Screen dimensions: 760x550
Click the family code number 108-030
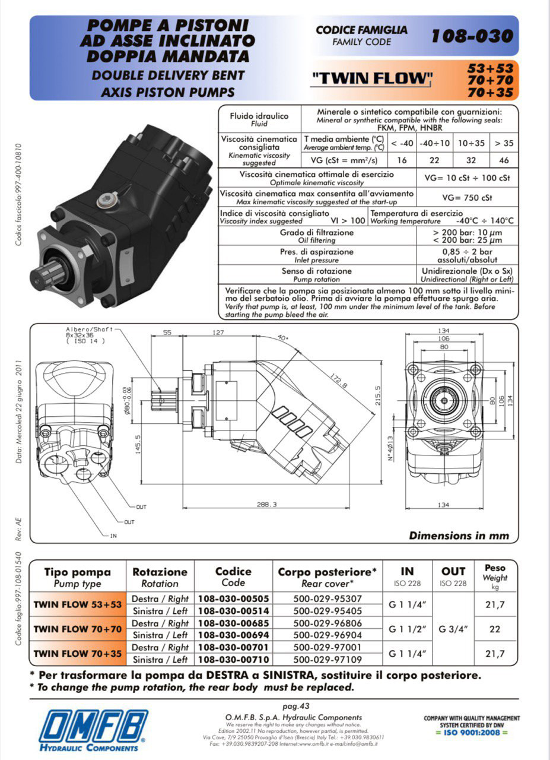point(472,36)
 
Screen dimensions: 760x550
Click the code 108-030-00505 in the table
point(233,598)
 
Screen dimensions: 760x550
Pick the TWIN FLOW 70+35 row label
point(77,653)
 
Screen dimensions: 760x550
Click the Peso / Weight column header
point(495,576)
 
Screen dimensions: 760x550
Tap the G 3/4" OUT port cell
point(453,629)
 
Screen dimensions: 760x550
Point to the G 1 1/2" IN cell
point(408,629)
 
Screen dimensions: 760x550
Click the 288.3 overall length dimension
point(266,504)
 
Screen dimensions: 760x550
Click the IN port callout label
point(113,536)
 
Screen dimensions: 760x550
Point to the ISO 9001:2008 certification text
point(472,732)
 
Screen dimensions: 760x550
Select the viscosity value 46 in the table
point(504,160)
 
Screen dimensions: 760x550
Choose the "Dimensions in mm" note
point(459,535)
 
